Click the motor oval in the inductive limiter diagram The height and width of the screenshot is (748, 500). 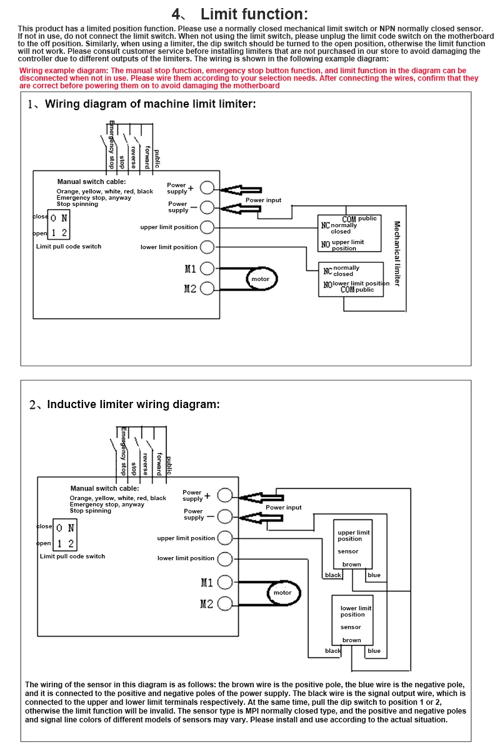point(284,581)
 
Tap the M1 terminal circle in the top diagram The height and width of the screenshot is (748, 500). point(207,269)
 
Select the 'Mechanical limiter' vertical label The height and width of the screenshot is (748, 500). point(397,254)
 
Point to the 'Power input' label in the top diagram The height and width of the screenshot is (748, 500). point(263,200)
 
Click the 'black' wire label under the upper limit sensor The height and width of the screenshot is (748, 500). point(333,575)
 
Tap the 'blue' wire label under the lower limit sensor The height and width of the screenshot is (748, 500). point(374,651)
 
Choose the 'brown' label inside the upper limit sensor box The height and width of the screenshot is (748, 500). point(351,565)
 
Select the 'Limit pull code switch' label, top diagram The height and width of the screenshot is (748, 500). point(69,247)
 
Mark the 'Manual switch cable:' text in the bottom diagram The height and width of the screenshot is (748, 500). point(105,488)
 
